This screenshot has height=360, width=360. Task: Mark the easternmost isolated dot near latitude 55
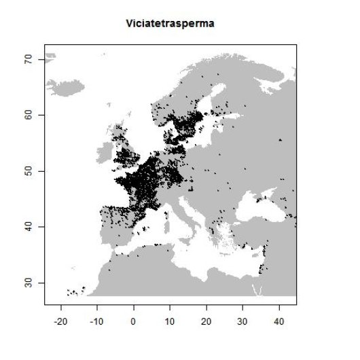point(280,140)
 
